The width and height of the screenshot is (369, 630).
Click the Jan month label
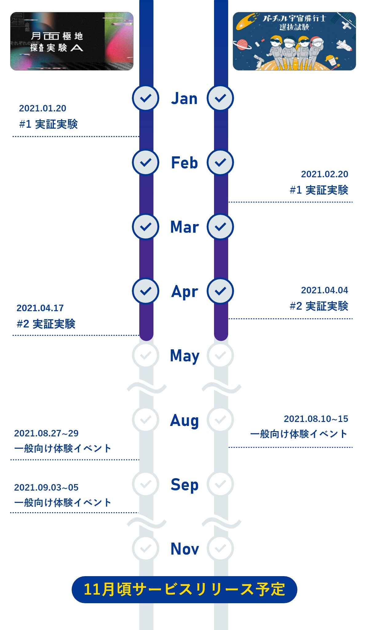pos(184,98)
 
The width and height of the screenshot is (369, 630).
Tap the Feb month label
pos(184,163)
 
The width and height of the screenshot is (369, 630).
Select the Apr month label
pos(184,291)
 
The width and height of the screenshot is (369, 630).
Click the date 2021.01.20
pos(42,108)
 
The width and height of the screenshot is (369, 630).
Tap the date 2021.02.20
pos(324,174)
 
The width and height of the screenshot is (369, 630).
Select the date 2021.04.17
pos(40,308)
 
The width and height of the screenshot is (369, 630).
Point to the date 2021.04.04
pos(324,290)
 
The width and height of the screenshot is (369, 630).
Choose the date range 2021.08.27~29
pos(46,433)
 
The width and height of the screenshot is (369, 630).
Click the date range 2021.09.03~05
pos(46,488)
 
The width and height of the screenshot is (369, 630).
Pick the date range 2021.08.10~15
pos(316,419)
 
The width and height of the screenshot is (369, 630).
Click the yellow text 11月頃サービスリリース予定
pos(184,589)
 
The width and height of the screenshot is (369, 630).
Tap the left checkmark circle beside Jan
pos(145,98)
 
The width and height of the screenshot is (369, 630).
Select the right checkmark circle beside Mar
pos(220,227)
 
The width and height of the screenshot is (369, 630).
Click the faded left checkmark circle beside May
pos(145,355)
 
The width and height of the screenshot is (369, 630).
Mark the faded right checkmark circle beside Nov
pos(220,548)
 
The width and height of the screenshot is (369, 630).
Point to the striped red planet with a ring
pos(242,44)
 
